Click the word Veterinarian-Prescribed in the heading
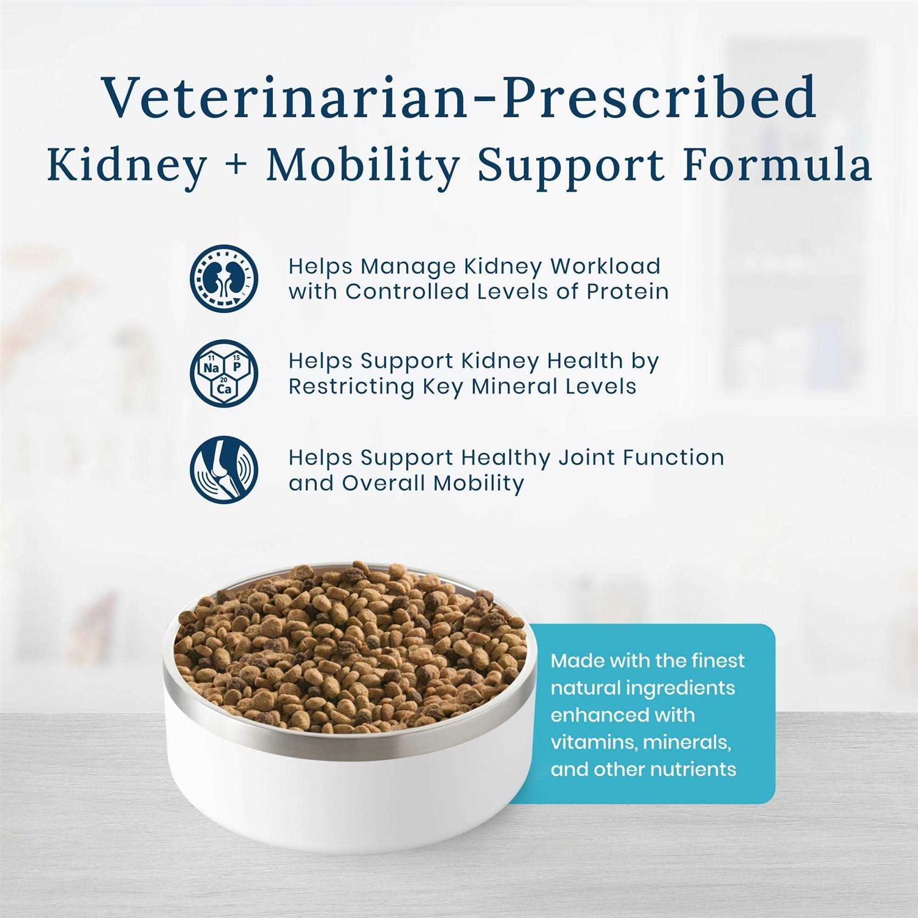tap(460, 96)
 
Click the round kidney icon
tap(224, 278)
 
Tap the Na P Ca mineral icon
tap(224, 373)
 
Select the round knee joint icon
tap(224, 469)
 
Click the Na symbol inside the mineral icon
tap(212, 368)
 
